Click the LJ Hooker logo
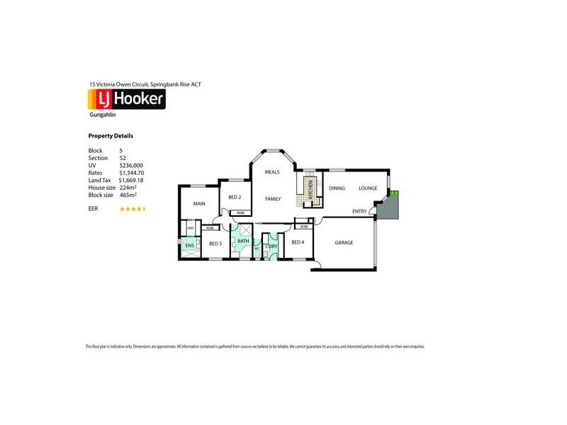pyautogui.click(x=127, y=98)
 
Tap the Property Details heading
pyautogui.click(x=111, y=136)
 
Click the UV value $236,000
pyautogui.click(x=131, y=165)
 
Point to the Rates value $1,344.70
pyautogui.click(x=132, y=173)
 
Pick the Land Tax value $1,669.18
pyautogui.click(x=132, y=180)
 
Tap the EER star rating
pyautogui.click(x=133, y=209)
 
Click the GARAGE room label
pyautogui.click(x=344, y=243)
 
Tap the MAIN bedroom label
pyautogui.click(x=199, y=204)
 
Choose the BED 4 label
pyautogui.click(x=298, y=243)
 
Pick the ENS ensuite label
pyautogui.click(x=190, y=245)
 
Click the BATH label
pyautogui.click(x=242, y=242)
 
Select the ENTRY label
pyautogui.click(x=359, y=210)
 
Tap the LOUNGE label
pyautogui.click(x=368, y=188)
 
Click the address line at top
pyautogui.click(x=145, y=84)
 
